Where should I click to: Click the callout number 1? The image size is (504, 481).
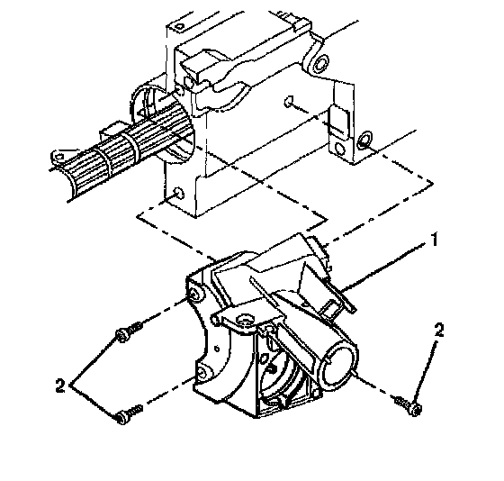click(434, 240)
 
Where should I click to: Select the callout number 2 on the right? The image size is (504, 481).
click(439, 330)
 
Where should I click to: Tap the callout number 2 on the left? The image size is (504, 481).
click(60, 386)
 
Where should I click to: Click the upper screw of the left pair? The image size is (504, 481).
click(129, 332)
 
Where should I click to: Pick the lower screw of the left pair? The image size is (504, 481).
click(130, 414)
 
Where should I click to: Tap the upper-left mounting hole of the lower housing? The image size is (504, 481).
click(195, 294)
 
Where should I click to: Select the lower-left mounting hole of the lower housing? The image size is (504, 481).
click(202, 373)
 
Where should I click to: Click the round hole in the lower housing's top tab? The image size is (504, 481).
click(244, 319)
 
